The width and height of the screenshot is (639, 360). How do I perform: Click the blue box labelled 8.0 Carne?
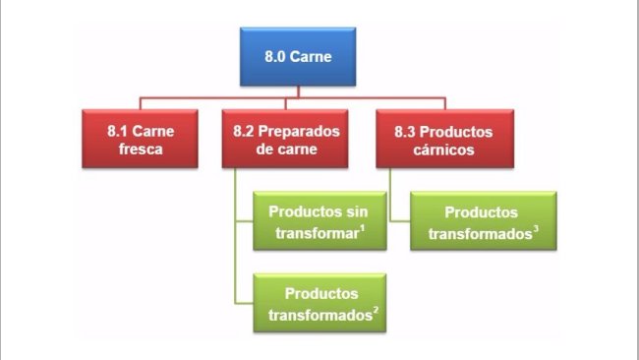[299, 57]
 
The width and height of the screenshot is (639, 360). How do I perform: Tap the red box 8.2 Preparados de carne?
[288, 140]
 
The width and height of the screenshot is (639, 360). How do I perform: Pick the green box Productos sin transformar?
[318, 221]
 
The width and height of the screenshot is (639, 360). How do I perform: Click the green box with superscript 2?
[319, 303]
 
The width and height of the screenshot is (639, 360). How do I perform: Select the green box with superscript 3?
[483, 221]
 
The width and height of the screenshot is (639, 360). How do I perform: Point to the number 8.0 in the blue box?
[278, 57]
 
